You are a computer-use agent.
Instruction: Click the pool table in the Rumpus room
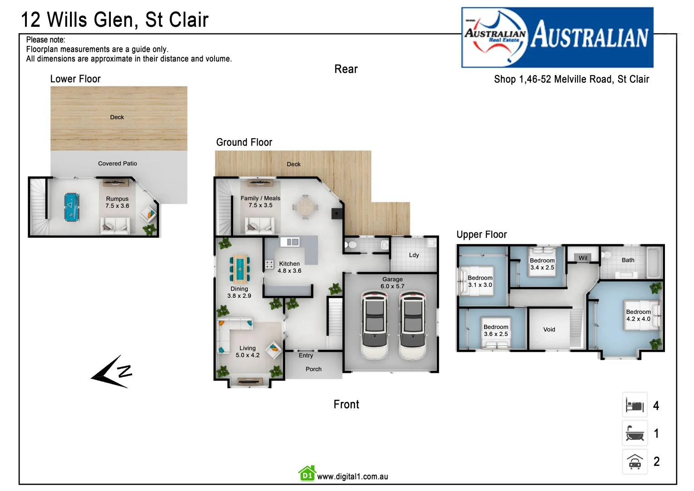click(71, 207)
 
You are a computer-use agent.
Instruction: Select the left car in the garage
click(374, 324)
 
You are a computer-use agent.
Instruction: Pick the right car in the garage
click(413, 324)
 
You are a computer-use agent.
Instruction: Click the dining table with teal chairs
click(240, 268)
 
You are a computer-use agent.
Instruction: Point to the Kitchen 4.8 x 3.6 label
click(290, 267)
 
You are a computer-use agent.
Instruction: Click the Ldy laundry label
click(414, 255)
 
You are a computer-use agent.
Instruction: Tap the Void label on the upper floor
click(549, 330)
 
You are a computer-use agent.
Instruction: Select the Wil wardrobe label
click(583, 258)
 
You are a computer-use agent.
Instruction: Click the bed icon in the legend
click(634, 405)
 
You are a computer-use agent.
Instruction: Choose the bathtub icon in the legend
click(634, 433)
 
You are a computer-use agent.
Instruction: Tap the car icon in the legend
click(634, 462)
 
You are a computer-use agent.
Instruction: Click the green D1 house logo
click(307, 474)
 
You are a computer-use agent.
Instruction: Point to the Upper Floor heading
click(481, 235)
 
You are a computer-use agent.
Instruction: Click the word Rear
click(346, 69)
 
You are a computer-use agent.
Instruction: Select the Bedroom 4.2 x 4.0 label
click(638, 316)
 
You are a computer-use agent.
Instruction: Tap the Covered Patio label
click(117, 164)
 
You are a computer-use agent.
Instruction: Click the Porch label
click(313, 369)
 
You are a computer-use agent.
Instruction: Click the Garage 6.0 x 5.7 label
click(392, 283)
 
